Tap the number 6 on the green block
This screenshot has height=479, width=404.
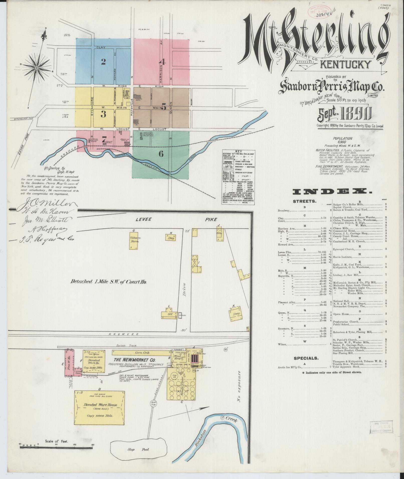pos(161,153)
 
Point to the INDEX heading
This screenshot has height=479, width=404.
pos(332,192)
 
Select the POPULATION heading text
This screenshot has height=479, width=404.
pos(342,138)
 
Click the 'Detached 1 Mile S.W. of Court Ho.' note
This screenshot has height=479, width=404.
pos(108,281)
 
